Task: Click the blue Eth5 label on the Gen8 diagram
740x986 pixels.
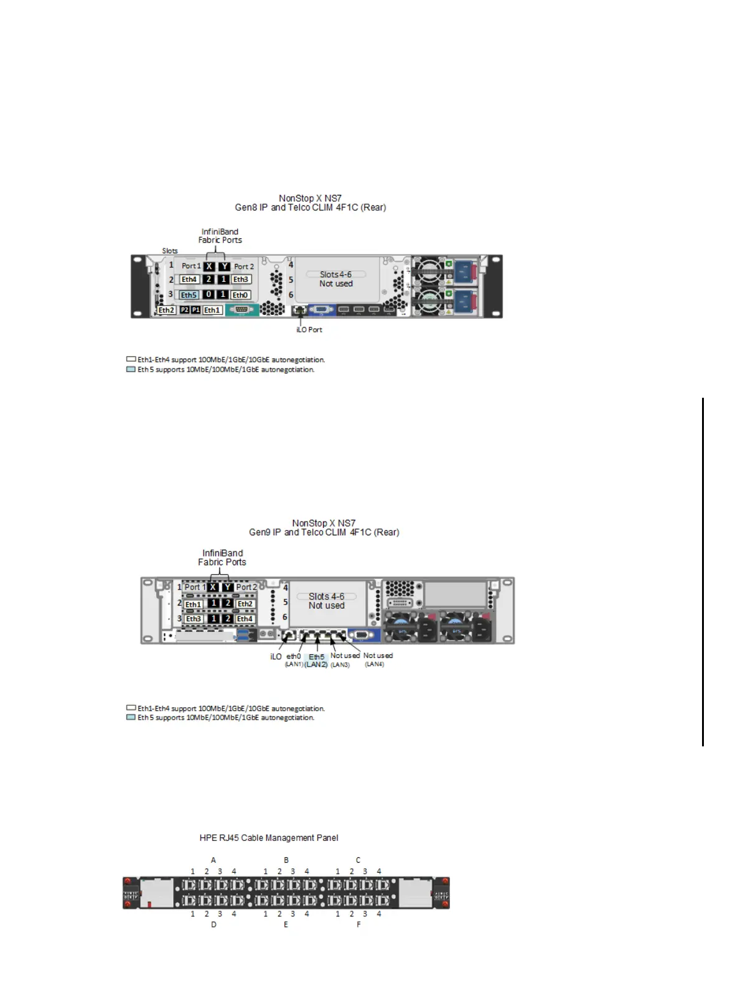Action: coord(189,295)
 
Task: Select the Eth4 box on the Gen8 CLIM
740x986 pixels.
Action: coord(189,279)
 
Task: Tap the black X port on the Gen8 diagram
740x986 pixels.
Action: coord(209,266)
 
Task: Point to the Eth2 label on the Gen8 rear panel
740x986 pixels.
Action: coord(166,310)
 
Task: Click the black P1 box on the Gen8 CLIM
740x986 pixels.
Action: coord(195,310)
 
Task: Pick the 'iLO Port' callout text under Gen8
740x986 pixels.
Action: coord(309,330)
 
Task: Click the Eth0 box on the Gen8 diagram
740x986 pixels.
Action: coord(240,295)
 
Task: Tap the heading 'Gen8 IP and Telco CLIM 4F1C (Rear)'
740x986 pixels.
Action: coord(310,207)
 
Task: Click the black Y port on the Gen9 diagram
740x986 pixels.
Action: coord(228,587)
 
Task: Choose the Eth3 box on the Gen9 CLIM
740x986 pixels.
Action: coord(194,619)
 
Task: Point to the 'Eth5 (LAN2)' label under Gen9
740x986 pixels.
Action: coord(316,660)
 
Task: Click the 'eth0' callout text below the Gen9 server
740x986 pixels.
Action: coord(293,656)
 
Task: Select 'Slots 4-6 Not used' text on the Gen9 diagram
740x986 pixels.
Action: coord(326,601)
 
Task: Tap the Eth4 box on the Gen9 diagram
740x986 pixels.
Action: coord(245,619)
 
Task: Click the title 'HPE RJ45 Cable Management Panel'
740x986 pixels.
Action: coord(269,838)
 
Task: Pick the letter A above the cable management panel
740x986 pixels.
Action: coord(213,860)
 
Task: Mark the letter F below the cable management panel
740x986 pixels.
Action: coord(358,924)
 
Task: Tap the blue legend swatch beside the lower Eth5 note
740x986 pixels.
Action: coord(131,717)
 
